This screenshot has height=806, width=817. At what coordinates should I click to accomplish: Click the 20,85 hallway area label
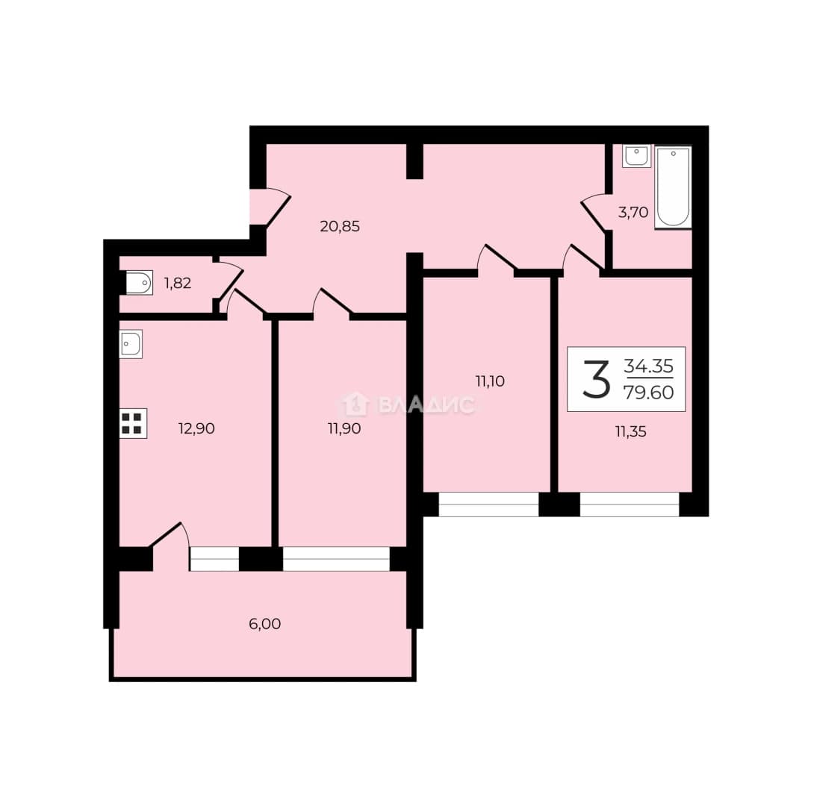340,226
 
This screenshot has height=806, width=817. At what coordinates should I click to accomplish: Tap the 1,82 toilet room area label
178,284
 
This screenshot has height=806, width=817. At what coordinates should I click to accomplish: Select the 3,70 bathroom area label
633,213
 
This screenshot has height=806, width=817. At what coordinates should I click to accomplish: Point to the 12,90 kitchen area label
196,428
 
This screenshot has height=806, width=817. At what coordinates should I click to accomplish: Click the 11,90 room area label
344,428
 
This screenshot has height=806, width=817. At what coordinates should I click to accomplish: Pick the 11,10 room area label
490,381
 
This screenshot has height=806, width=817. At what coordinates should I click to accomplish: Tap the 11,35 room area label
630,431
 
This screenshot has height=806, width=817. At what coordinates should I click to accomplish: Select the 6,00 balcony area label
264,624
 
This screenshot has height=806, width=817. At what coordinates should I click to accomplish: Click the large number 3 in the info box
596,380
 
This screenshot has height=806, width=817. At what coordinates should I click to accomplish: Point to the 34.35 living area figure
649,366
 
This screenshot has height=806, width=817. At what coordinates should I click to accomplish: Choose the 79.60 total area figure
649,392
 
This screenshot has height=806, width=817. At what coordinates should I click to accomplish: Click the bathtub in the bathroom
673,187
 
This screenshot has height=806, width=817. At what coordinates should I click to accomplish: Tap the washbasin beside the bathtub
636,156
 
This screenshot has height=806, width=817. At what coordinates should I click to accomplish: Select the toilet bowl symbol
139,284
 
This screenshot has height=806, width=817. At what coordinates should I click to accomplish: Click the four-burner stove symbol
133,423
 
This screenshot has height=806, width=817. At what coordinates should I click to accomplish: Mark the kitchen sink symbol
131,344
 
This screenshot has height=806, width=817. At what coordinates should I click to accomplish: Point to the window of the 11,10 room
488,504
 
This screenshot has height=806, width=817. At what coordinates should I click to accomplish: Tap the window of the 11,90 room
336,559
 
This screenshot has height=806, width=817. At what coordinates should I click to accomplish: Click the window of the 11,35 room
630,504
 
